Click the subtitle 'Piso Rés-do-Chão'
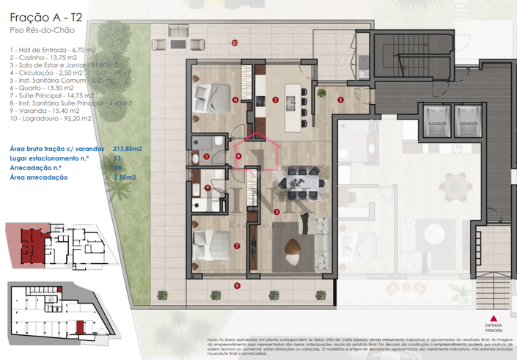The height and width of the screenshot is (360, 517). point(41,32)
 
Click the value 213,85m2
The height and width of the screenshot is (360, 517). point(128,148)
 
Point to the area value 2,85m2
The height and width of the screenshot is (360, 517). point(127,177)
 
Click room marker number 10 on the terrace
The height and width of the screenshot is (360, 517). point(235,43)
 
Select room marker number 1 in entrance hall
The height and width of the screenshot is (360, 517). point(340,99)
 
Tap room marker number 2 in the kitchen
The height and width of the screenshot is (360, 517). point(275,100)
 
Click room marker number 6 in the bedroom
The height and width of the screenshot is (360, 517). point(235,100)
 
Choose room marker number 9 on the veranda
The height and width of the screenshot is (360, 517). point(237,285)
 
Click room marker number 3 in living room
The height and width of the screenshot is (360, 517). point(276,212)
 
